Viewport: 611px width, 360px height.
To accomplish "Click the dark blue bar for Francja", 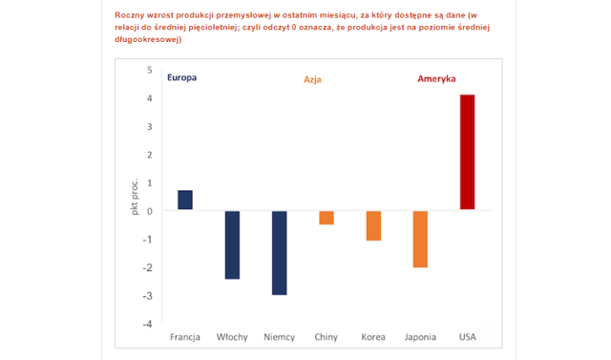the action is [185, 200].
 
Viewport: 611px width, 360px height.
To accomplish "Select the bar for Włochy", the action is [232, 245].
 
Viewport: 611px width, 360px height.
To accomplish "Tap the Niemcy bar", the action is [280, 253].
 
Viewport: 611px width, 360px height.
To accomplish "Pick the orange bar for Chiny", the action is [327, 218].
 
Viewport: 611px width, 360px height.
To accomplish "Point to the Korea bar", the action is [373, 226].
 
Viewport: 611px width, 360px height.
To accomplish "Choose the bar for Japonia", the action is [420, 240].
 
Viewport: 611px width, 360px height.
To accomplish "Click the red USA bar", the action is [468, 152].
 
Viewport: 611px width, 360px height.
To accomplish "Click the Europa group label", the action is [182, 77].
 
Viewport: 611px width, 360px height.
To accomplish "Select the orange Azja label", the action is [312, 80].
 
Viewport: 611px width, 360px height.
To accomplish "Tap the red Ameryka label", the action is [436, 78].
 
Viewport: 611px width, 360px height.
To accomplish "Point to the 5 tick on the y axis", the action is [150, 70].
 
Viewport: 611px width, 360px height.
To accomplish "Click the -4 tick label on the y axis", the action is [147, 324].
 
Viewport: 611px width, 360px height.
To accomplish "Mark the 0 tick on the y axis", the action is [150, 211].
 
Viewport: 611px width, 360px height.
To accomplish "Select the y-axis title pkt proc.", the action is [135, 197].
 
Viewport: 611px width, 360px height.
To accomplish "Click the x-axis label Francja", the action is [185, 337].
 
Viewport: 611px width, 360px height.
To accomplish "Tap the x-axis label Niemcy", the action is [280, 337].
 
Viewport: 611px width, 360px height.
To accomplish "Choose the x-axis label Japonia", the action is [420, 337].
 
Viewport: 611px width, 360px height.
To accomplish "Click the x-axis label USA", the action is [468, 337].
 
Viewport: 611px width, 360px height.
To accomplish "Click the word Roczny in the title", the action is [129, 15].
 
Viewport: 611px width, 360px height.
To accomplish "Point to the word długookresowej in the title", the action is [148, 39].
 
